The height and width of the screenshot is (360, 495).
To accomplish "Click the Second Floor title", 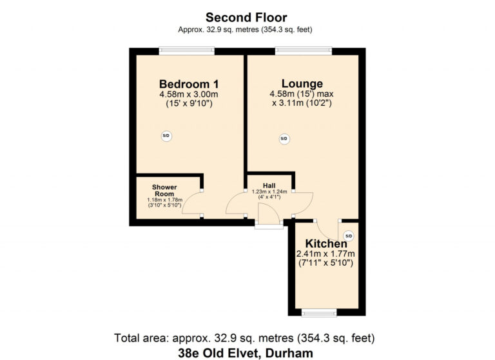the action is point(246,17).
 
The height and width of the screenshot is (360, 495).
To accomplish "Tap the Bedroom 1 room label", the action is point(189,84).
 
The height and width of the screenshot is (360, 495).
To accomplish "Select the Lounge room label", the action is point(302,83).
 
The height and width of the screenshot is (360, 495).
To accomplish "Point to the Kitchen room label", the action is point(326,244).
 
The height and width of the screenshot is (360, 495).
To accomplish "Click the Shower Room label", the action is point(164,190).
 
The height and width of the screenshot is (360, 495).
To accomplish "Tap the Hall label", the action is point(269,186).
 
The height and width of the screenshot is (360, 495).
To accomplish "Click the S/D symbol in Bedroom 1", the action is point(166,136).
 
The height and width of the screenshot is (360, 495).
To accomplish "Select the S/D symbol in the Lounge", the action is point(284,139).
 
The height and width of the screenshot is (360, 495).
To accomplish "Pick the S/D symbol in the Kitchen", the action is point(348,235).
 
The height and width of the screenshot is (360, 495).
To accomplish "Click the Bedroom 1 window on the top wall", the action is point(186,51).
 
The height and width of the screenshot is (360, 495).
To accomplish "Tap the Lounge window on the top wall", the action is point(304,51).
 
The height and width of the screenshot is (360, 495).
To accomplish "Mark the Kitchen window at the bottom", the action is point(319,313).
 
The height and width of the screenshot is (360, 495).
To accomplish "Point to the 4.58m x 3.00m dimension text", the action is point(189,94).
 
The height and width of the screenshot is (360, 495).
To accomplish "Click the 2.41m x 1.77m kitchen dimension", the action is point(325,254).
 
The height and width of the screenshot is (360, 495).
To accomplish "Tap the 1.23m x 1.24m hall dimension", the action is point(269,192).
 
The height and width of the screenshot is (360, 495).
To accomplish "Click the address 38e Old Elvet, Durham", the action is point(246,353).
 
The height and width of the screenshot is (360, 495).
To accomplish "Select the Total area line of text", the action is point(244,338).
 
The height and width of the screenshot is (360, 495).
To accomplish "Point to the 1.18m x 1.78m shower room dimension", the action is point(165,200).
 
